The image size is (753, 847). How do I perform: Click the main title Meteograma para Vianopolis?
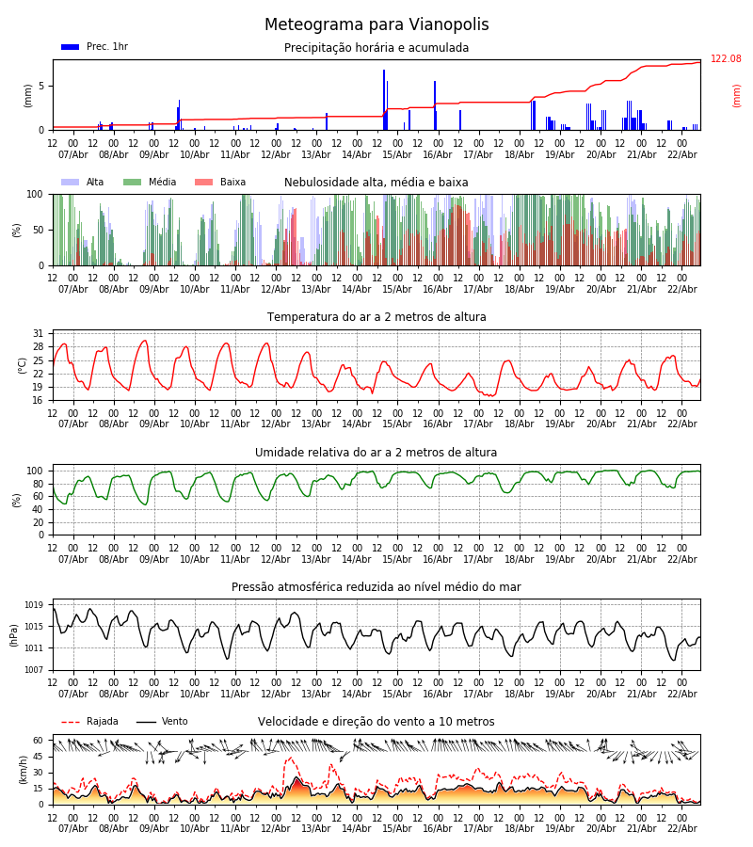pyautogui.click(x=376, y=25)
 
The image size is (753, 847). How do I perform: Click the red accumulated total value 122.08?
pyautogui.click(x=726, y=59)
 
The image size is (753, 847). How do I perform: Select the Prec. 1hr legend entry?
pyautogui.click(x=94, y=47)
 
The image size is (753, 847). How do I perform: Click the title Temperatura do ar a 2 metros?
pyautogui.click(x=376, y=317)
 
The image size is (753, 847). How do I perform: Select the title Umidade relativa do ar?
pyautogui.click(x=376, y=453)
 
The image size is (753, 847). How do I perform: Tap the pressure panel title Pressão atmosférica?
pyautogui.click(x=376, y=587)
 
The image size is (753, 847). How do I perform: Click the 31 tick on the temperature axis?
pyautogui.click(x=38, y=333)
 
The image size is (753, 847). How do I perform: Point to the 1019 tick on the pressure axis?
pyautogui.click(x=35, y=605)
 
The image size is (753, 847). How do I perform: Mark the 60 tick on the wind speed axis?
pyautogui.click(x=39, y=740)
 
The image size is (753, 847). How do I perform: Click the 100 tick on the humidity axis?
pyautogui.click(x=36, y=471)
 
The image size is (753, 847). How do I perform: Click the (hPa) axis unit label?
pyautogui.click(x=15, y=634)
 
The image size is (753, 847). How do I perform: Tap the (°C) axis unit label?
pyautogui.click(x=23, y=364)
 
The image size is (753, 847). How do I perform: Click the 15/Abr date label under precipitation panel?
pyautogui.click(x=397, y=154)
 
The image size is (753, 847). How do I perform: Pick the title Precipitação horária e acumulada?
pyautogui.click(x=376, y=48)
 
